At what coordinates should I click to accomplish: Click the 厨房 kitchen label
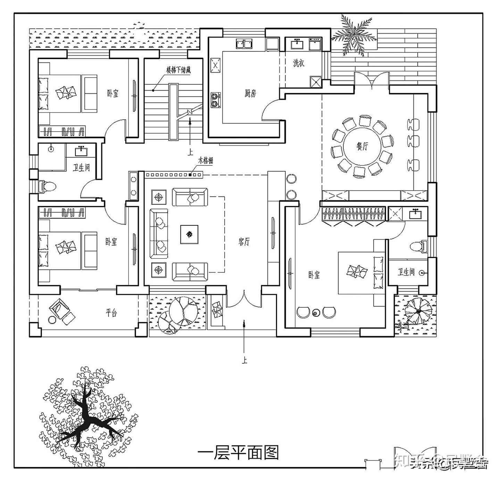(250, 93)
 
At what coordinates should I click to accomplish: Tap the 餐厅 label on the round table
(362, 146)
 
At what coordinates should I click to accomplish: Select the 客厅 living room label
(244, 242)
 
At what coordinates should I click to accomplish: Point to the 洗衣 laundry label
(299, 63)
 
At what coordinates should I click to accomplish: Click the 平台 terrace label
(111, 313)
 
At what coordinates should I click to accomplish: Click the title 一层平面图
(238, 453)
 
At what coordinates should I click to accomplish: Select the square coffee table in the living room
(189, 235)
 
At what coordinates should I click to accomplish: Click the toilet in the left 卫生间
(48, 186)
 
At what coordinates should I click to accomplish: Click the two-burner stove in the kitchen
(216, 100)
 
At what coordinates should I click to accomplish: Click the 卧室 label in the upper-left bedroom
(112, 93)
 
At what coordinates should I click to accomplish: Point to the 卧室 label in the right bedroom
(314, 275)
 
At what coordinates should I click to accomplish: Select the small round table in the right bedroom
(316, 313)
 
